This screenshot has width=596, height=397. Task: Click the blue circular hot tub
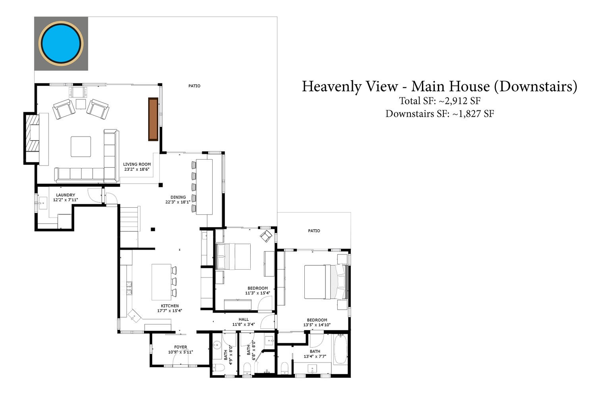pos(61,43)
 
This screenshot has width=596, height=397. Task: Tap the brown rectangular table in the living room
pos(153,119)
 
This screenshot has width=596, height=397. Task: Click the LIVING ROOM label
pos(137,164)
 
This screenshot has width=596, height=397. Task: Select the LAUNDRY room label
pos(66,195)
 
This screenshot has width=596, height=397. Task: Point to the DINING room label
pos(178,197)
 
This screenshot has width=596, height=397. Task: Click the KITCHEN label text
pos(170,306)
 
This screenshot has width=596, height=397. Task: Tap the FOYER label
pos(181,347)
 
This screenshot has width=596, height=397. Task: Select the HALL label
pos(244,319)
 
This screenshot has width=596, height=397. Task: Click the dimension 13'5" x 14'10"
pos(317,325)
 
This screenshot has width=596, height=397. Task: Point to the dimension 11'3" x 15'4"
pos(257,293)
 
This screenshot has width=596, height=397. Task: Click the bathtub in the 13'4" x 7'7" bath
pos(341,349)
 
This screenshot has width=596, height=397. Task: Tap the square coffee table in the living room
pos(81,146)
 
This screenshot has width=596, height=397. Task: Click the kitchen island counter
pos(161,282)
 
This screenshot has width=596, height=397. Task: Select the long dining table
pos(204,187)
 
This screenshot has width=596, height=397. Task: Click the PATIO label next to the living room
pos(194,86)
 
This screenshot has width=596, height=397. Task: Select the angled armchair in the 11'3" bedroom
pos(266,236)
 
